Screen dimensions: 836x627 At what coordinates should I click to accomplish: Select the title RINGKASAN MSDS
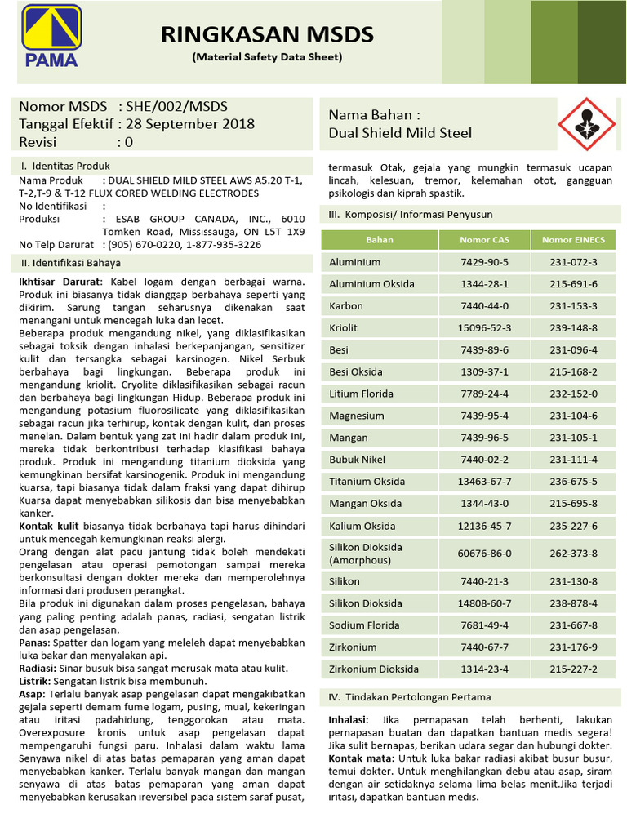click(267, 34)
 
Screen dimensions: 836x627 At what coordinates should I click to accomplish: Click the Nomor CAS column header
click(484, 240)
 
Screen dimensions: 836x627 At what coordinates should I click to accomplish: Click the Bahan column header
click(380, 240)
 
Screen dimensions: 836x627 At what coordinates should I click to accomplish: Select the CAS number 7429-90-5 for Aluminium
click(484, 262)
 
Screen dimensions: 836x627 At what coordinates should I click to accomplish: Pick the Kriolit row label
click(344, 328)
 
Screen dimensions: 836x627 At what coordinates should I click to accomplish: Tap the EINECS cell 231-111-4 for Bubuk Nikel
click(573, 460)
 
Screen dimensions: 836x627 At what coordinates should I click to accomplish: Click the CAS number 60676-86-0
click(484, 553)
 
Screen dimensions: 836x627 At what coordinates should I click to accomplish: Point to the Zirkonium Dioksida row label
click(374, 669)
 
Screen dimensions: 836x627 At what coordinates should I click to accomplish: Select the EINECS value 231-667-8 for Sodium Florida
click(573, 625)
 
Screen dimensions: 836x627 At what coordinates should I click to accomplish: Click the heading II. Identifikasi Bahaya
click(71, 263)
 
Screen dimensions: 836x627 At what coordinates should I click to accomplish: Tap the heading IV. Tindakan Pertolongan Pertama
click(410, 697)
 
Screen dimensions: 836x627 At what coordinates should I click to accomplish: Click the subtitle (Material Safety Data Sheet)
click(267, 57)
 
